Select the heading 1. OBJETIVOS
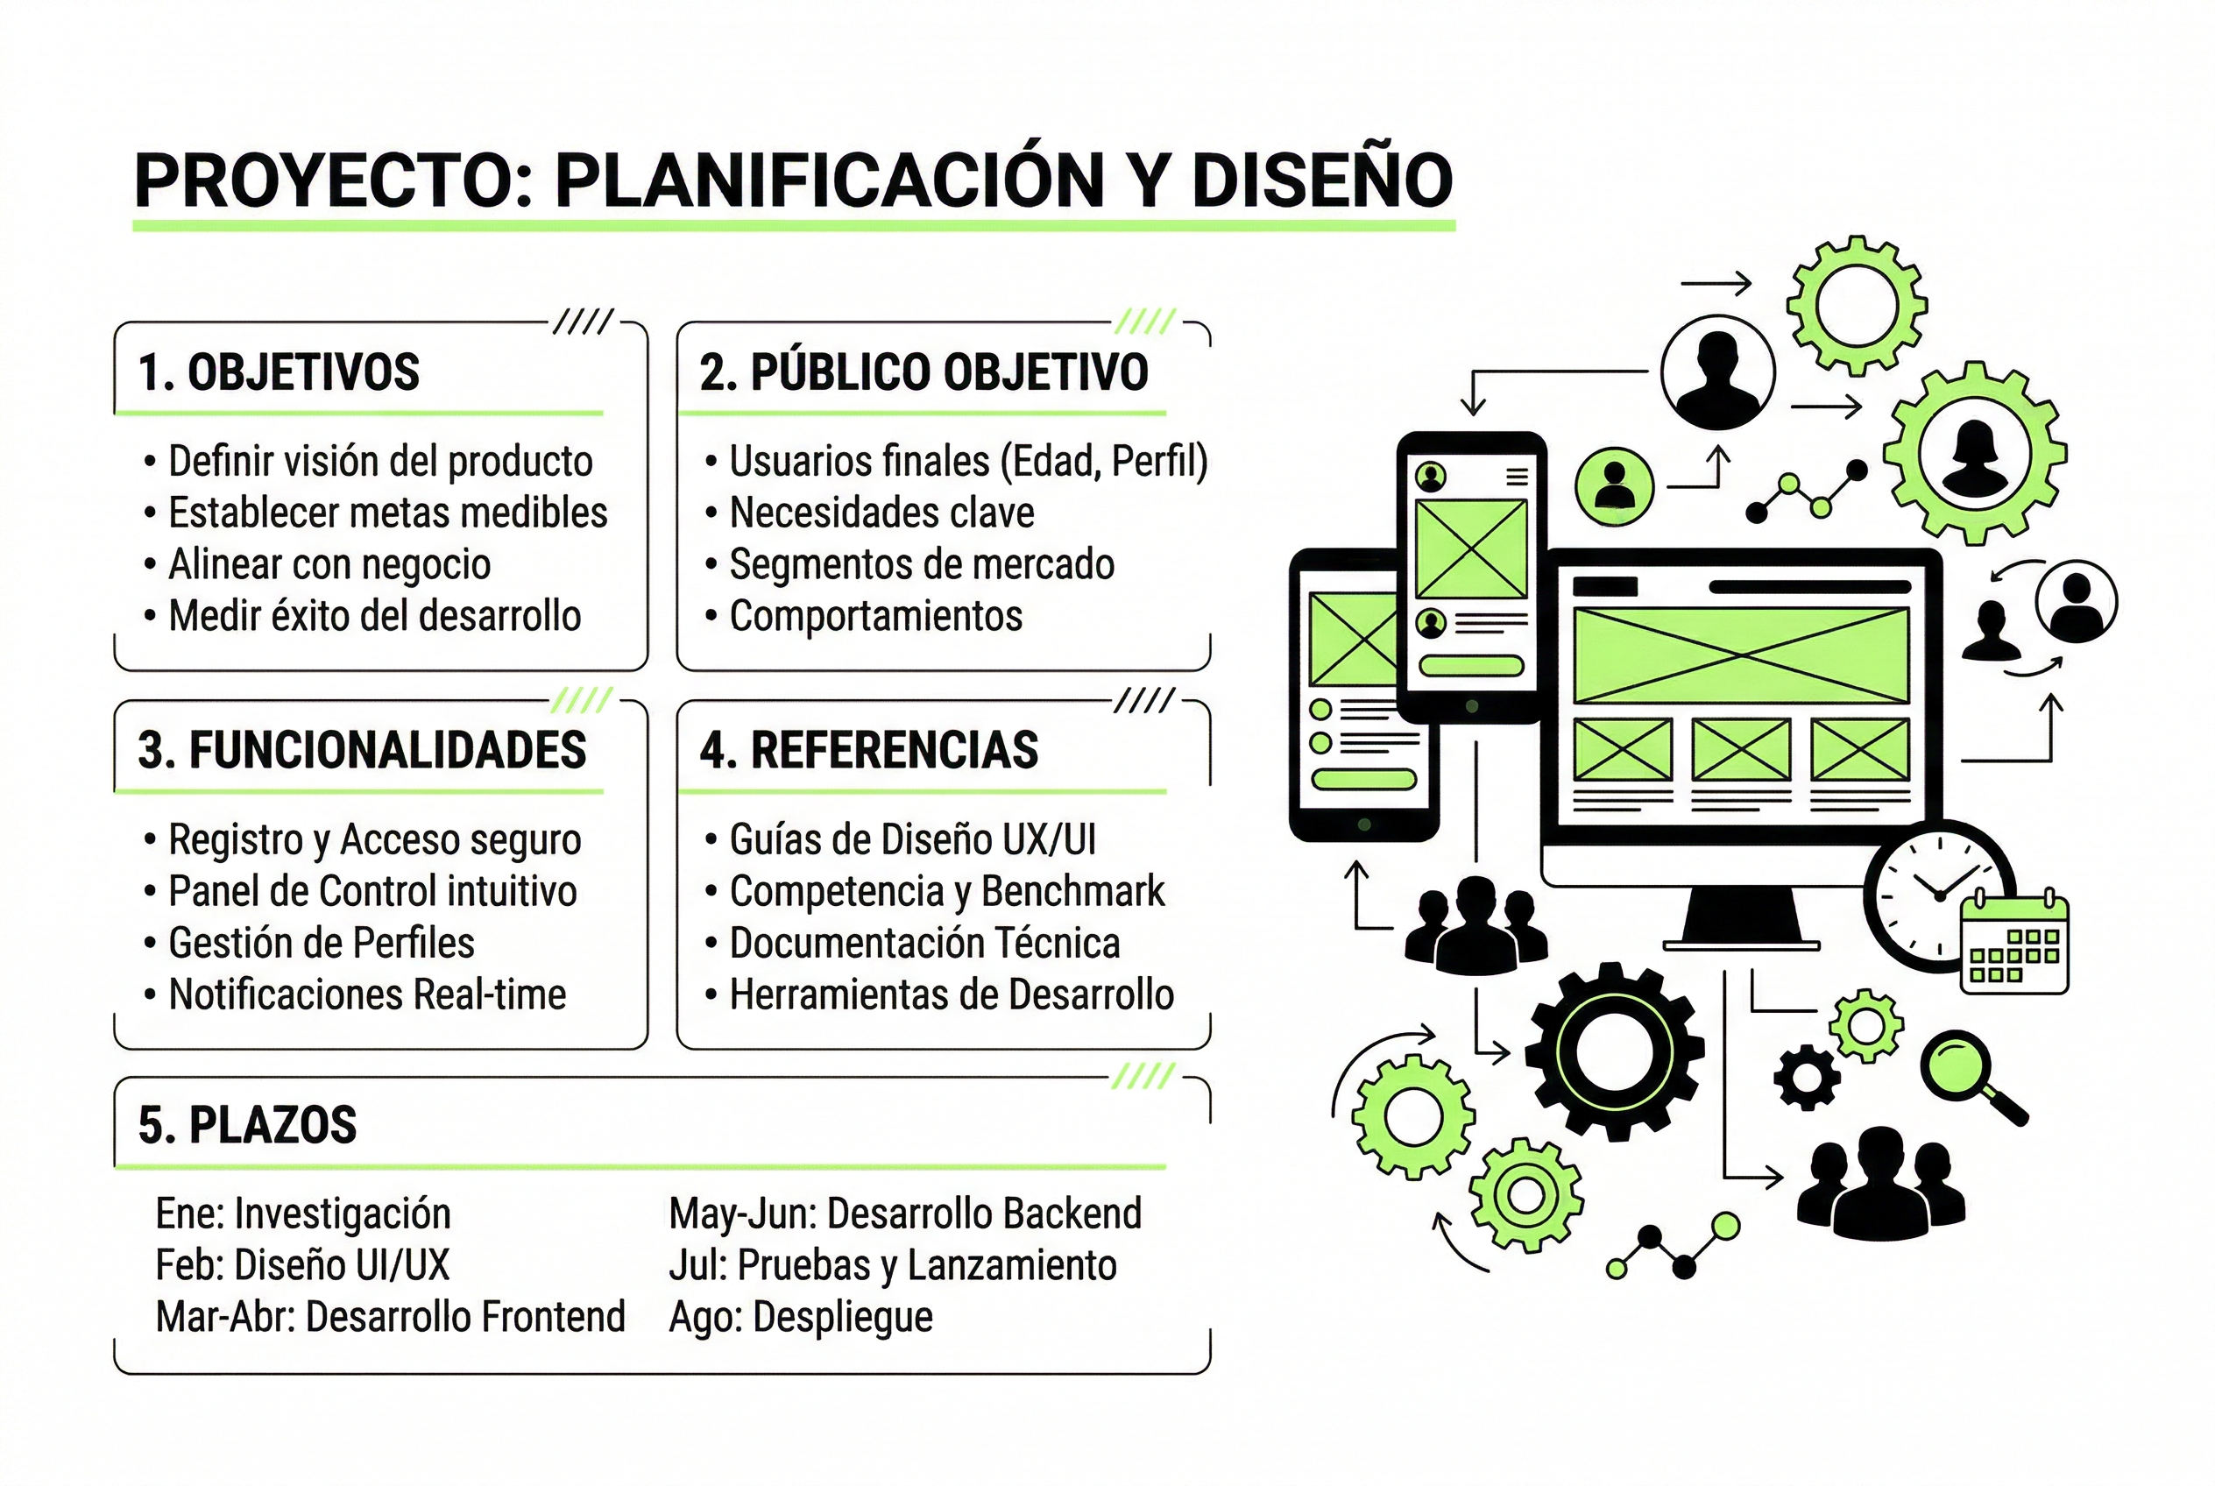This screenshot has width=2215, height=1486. pos(279,371)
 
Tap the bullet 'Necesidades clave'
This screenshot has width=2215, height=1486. pos(881,513)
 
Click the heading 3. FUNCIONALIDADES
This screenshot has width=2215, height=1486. pos(362,750)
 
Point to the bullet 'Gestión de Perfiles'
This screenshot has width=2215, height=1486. pos(321,943)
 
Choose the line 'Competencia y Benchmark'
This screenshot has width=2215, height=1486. pos(946,891)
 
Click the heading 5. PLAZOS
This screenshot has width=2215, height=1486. pos(247,1125)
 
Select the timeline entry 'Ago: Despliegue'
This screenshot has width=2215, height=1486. pos(801,1316)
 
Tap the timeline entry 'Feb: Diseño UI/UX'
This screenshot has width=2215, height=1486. pos(302,1265)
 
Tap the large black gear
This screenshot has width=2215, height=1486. pos(1614,1052)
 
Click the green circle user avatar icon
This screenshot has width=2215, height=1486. pos(1614,486)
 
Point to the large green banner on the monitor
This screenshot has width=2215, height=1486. pos(1740,655)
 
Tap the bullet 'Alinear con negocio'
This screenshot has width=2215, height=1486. pos(329,565)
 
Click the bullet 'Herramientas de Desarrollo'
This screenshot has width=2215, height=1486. pos(951,995)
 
